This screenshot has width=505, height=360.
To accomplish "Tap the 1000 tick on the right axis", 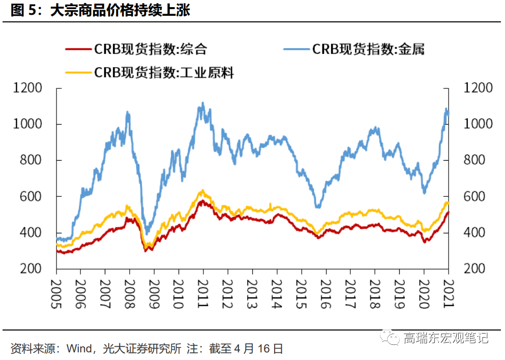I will pyautogui.click(x=479, y=124).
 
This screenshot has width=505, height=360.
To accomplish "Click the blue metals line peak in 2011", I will pyautogui.click(x=202, y=104).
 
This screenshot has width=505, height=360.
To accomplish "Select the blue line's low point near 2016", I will pyautogui.click(x=318, y=206).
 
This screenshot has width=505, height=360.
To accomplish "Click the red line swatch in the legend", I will pyautogui.click(x=78, y=50).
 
